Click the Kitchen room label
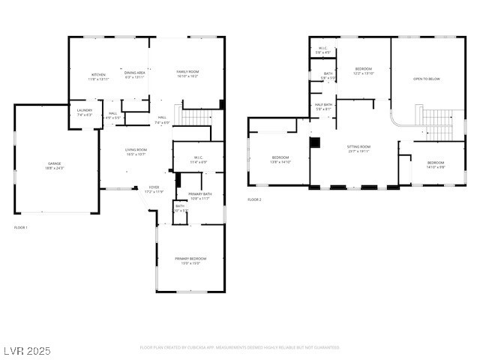click(x=99, y=76)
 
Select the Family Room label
click(x=187, y=73)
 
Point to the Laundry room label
click(x=84, y=112)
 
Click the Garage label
click(x=55, y=165)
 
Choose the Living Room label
click(x=136, y=151)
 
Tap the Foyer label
click(x=153, y=189)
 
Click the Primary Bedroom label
click(x=190, y=260)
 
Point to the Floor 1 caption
click(x=21, y=227)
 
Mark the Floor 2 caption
click(x=254, y=199)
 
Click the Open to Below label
click(x=427, y=79)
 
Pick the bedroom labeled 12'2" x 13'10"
click(x=363, y=70)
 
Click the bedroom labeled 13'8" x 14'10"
click(x=280, y=159)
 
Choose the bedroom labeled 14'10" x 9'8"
click(x=436, y=164)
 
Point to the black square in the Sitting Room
click(x=315, y=141)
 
